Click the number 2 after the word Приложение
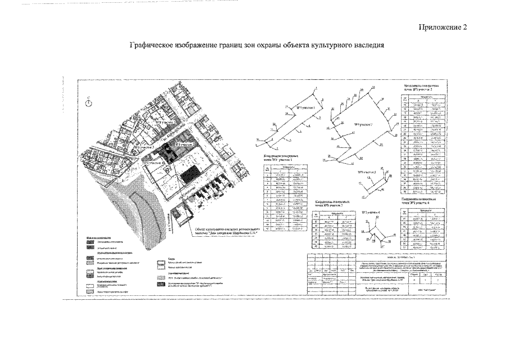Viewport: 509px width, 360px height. [x=465, y=28]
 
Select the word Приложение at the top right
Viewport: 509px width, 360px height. [x=440, y=28]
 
